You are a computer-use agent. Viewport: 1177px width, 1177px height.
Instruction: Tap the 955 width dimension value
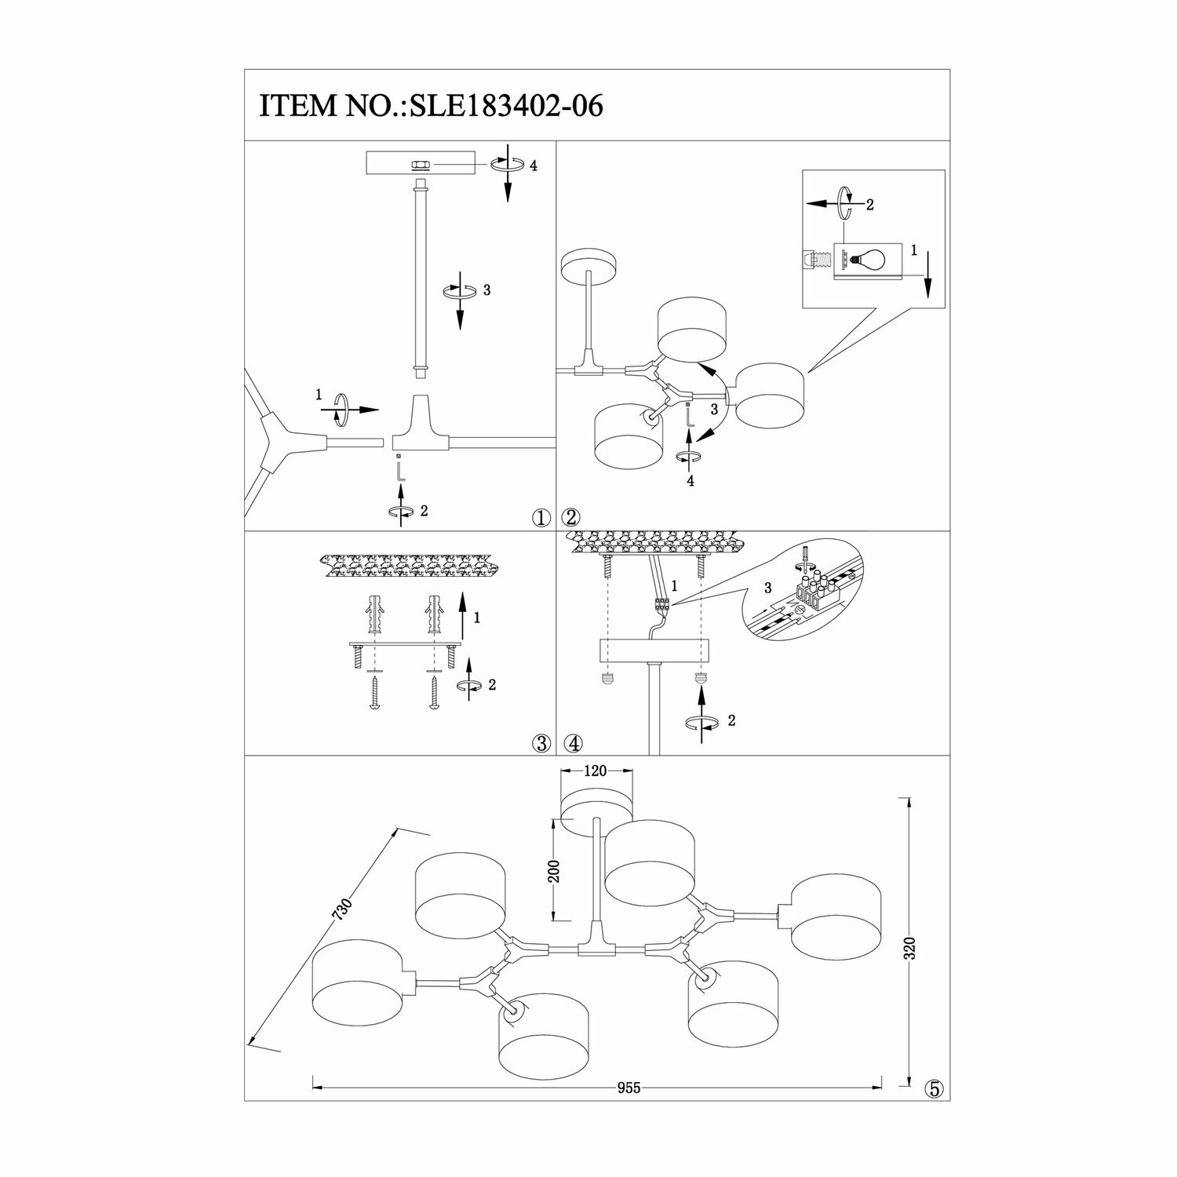click(x=629, y=1088)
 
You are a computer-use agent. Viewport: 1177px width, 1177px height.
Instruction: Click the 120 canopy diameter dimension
click(x=596, y=771)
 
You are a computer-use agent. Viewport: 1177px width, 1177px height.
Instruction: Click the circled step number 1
click(x=540, y=517)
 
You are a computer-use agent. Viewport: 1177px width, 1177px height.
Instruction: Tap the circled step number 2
click(x=570, y=517)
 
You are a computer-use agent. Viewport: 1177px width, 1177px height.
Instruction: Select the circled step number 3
click(x=540, y=743)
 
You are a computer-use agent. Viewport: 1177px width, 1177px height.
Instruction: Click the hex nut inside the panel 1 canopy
click(x=420, y=165)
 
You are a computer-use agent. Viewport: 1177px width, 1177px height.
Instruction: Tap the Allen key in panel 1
click(x=399, y=471)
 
